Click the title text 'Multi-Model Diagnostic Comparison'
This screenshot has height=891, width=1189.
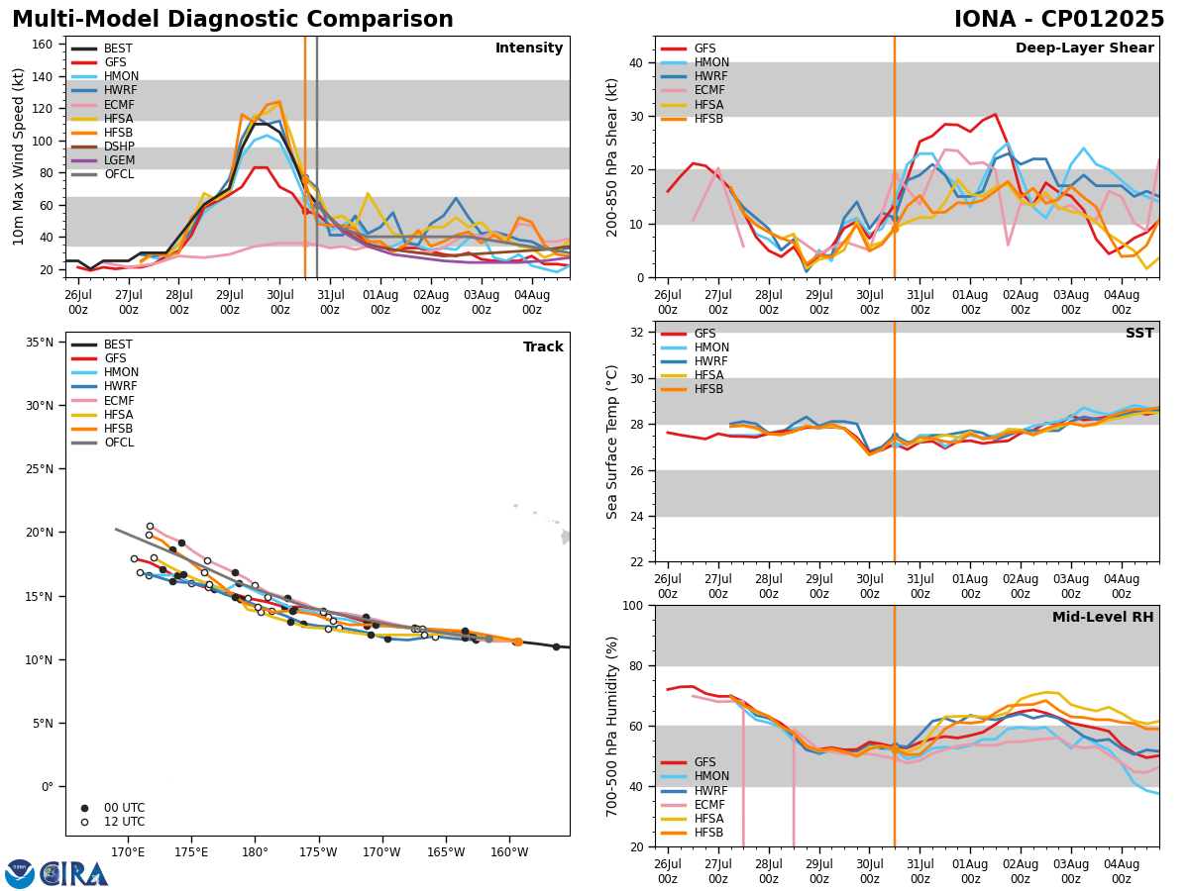click(x=233, y=20)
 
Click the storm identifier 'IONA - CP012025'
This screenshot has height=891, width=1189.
click(x=1058, y=20)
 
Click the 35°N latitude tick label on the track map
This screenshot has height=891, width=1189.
click(x=40, y=343)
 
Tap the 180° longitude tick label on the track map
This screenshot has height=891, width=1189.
click(x=255, y=852)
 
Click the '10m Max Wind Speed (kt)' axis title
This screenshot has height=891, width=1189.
click(x=20, y=156)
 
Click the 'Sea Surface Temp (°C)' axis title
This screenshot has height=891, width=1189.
click(x=613, y=442)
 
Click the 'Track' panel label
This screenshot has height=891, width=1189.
click(x=543, y=347)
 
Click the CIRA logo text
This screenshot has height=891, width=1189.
click(x=73, y=874)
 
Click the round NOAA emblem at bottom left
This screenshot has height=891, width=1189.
click(x=20, y=873)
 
